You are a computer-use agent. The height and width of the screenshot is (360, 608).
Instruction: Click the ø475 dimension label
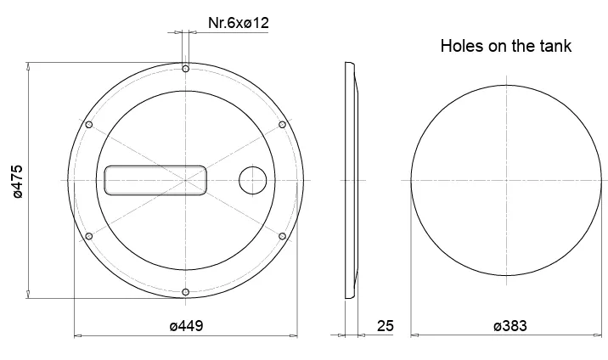(18, 182)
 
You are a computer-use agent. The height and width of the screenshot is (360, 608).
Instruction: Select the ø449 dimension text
(186, 326)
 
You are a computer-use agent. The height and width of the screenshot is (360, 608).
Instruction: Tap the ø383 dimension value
(510, 326)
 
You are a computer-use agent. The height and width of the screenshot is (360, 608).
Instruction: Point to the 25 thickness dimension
(385, 326)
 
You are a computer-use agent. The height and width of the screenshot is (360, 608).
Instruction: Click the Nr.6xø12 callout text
(239, 23)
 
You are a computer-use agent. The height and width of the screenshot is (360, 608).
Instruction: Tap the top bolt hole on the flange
(186, 69)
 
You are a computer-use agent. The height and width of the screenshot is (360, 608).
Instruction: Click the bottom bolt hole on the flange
(186, 292)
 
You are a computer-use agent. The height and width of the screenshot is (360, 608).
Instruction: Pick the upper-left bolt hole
(89, 125)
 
